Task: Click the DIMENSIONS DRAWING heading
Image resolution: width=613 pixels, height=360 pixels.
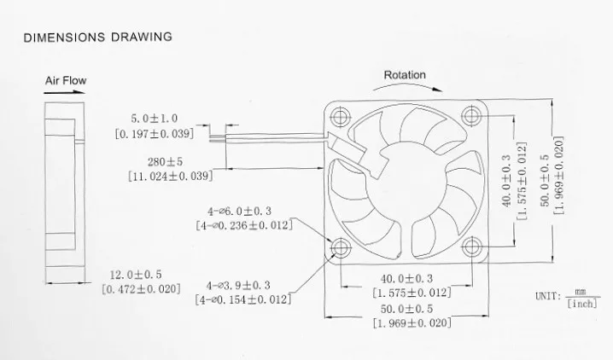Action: (97, 38)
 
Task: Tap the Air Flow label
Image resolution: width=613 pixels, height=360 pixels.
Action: (66, 82)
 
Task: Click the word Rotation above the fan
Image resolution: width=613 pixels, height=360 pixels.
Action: (405, 75)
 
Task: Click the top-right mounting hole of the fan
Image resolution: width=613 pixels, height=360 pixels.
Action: (471, 117)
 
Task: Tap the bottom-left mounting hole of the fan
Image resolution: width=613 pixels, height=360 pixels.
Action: (342, 247)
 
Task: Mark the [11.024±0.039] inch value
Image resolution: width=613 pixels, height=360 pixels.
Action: (170, 176)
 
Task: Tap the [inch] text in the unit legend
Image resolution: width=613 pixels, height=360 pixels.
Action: (584, 303)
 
